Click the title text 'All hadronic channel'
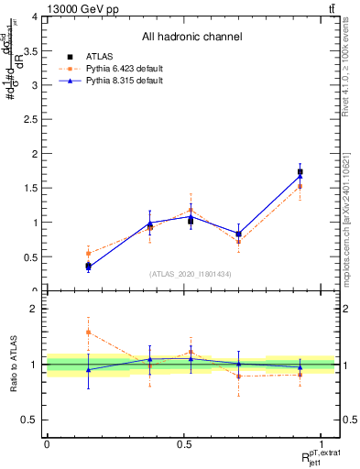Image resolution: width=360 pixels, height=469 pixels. click(191, 38)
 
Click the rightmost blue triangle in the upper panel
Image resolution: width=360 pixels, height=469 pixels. click(300, 177)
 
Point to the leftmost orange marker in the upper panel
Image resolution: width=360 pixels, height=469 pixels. click(88, 254)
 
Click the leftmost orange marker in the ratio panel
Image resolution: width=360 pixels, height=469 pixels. click(88, 333)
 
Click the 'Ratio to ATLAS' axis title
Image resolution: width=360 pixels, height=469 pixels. click(14, 365)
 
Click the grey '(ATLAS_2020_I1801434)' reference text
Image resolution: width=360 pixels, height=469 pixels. click(191, 273)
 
